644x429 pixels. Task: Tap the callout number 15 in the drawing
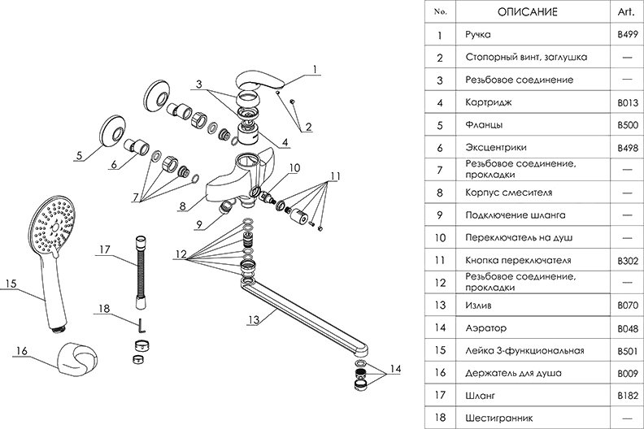tap(10, 284)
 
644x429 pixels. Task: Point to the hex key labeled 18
tap(140, 325)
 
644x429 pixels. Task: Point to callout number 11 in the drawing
tap(335, 175)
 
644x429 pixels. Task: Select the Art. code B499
tap(629, 35)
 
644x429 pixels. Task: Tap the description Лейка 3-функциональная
tap(523, 351)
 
